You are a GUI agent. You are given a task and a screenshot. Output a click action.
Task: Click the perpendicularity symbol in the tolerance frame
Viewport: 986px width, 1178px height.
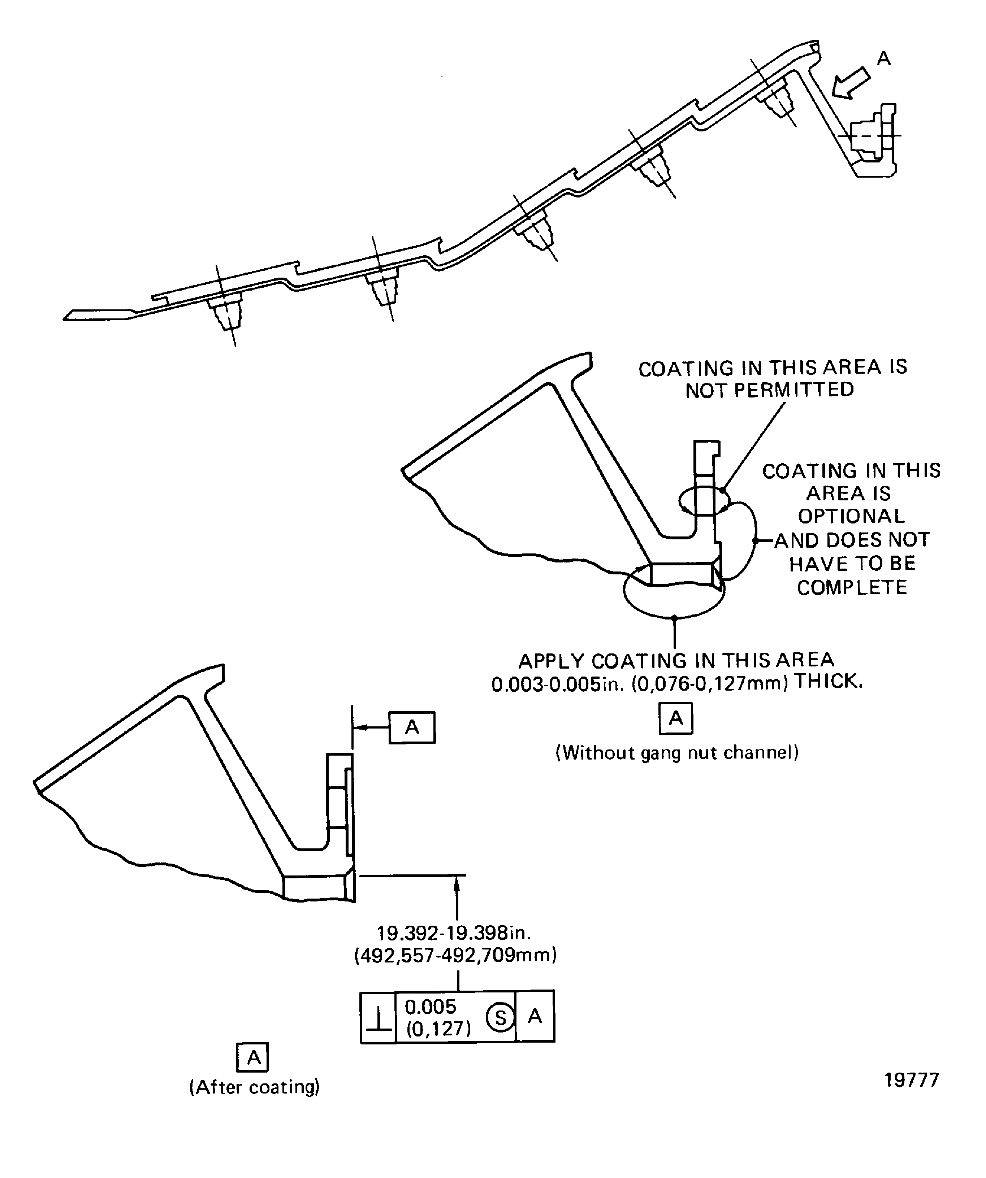379,1018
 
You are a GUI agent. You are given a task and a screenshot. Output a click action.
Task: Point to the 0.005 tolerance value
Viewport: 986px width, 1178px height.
431,1007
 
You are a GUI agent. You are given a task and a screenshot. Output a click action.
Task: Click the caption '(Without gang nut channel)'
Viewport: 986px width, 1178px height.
677,752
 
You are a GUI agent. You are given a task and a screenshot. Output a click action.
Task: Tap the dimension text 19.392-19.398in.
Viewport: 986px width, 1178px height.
453,934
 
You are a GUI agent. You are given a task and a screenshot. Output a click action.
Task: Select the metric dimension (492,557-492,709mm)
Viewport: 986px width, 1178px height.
455,955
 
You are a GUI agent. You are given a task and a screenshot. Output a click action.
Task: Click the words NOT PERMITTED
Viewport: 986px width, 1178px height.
769,390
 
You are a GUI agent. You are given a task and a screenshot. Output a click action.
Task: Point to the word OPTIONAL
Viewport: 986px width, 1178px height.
851,516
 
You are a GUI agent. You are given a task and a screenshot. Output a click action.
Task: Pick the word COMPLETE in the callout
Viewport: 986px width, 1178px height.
852,587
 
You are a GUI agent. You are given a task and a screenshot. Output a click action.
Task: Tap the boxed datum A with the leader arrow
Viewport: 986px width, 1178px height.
412,727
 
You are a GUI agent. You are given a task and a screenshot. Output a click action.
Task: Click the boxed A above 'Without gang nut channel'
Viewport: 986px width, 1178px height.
676,718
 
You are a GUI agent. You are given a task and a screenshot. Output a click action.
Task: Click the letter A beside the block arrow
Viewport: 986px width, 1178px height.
884,58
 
